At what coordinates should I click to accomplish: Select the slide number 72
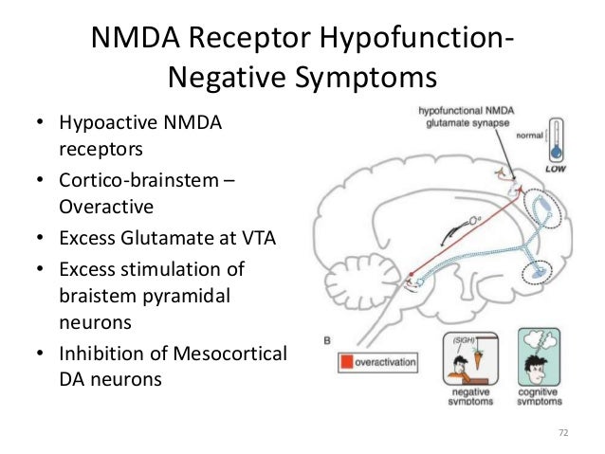coord(562,433)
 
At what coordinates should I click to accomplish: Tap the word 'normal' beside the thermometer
coord(528,136)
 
